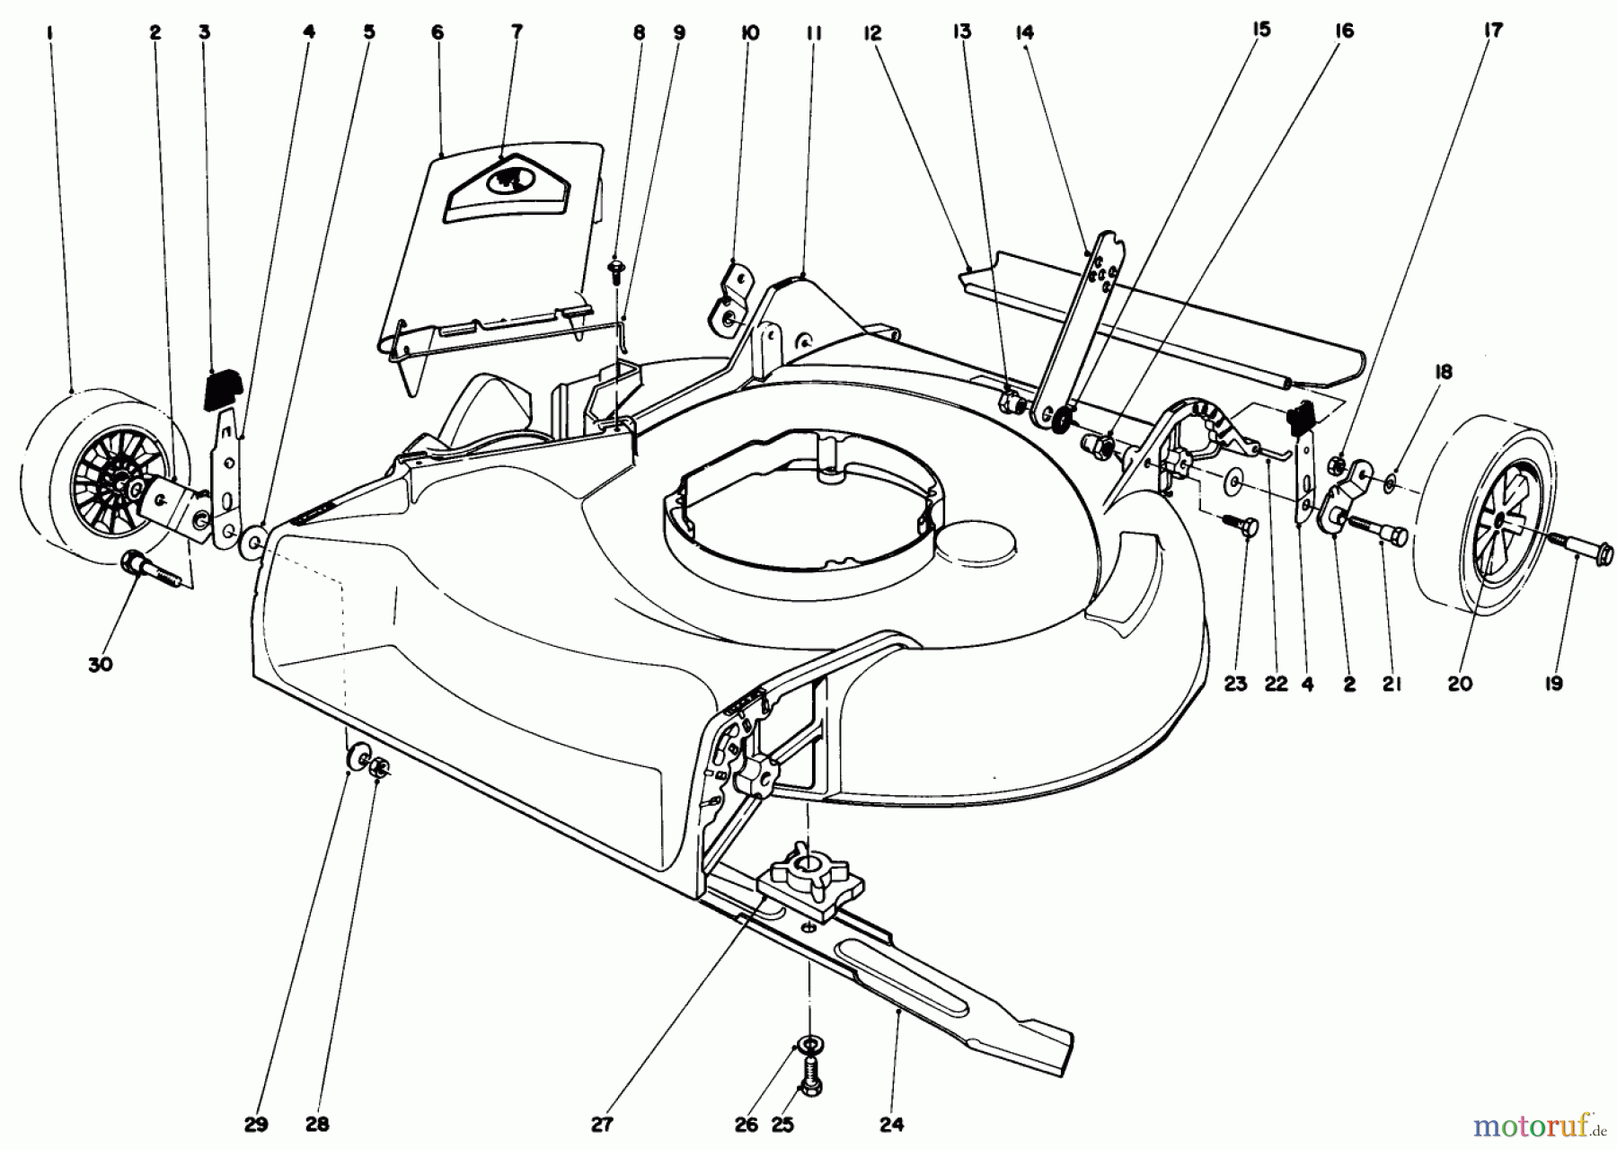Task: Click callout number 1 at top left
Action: coord(50,32)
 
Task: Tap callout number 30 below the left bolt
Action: coord(101,665)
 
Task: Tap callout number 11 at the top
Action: coord(814,32)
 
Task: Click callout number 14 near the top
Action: coord(1024,32)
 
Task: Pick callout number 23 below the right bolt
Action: coord(1236,684)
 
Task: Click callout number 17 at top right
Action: coord(1493,31)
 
